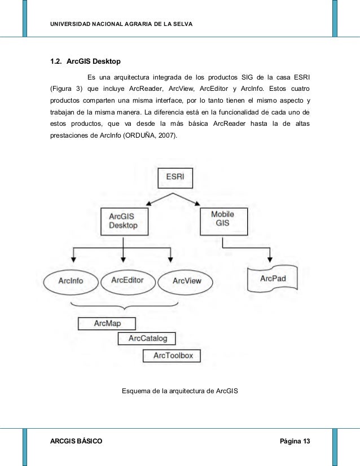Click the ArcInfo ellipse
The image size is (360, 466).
(x=70, y=280)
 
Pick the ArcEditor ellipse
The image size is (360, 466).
(x=127, y=280)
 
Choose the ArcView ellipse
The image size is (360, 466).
(x=187, y=280)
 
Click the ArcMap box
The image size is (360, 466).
(x=107, y=323)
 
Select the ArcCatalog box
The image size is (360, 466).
(x=147, y=338)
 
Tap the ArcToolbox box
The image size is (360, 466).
(x=172, y=355)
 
